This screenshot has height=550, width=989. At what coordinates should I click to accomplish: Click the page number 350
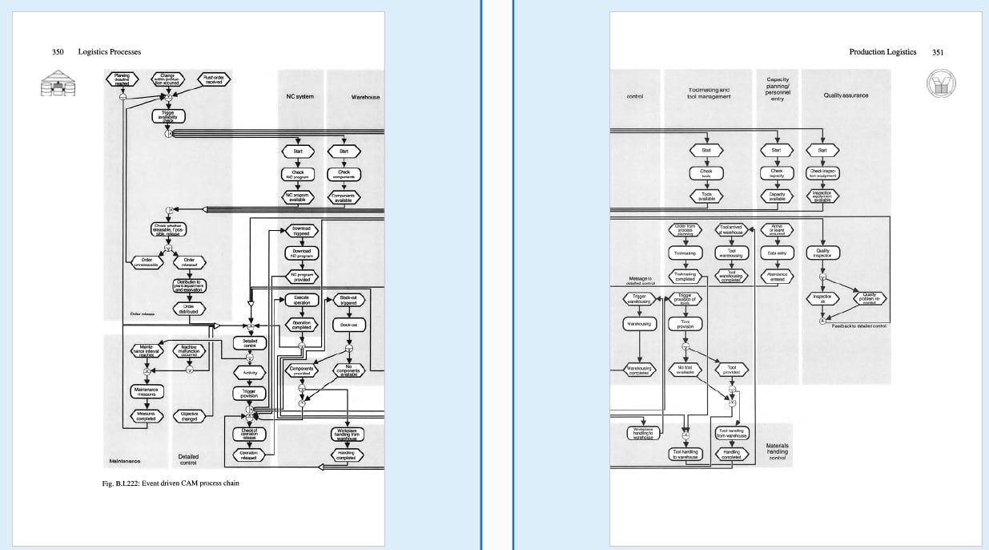tap(58, 52)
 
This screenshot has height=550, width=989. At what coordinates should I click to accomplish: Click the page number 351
tap(938, 52)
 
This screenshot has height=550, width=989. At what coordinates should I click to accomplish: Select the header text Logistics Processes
tap(110, 52)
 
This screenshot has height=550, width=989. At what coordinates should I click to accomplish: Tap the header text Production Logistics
tap(882, 52)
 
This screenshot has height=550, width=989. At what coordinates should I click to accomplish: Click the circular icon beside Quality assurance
tap(941, 84)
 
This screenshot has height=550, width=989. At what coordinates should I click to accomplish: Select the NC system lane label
tap(300, 97)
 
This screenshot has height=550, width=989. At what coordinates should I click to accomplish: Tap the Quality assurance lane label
tap(846, 95)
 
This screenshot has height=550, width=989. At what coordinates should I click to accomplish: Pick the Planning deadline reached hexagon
tap(122, 79)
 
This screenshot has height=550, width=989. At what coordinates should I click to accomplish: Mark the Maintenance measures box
tap(147, 391)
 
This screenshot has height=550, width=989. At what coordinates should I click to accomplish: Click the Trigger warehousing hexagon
tap(639, 298)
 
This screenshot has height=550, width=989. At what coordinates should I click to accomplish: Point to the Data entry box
tap(777, 253)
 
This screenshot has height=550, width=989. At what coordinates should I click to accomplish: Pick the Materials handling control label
tap(777, 451)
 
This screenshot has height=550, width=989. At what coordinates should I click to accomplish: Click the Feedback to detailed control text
tap(858, 326)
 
